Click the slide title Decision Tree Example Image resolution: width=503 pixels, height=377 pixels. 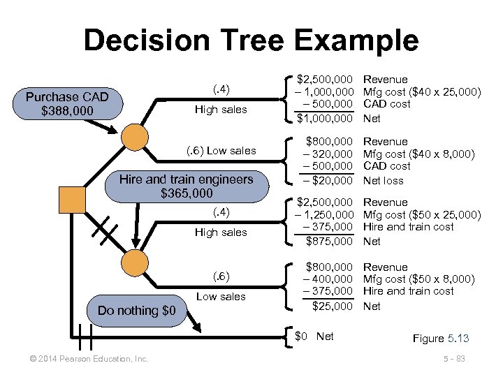click(x=251, y=40)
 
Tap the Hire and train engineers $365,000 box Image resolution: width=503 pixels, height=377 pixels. click(x=186, y=186)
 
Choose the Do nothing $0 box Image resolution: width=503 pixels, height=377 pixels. click(x=137, y=311)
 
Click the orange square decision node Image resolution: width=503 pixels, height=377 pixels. click(x=72, y=199)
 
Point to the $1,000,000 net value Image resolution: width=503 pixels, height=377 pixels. click(x=325, y=119)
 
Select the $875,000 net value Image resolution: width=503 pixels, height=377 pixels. click(x=329, y=242)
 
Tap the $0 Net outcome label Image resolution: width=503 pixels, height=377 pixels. click(x=314, y=337)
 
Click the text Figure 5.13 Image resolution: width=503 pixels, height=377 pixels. click(x=440, y=339)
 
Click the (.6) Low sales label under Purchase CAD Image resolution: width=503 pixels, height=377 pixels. click(x=220, y=151)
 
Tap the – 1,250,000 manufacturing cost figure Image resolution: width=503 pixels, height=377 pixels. click(x=322, y=215)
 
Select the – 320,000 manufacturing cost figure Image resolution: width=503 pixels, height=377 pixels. click(x=325, y=154)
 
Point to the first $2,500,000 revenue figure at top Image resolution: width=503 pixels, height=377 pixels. click(x=325, y=80)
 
